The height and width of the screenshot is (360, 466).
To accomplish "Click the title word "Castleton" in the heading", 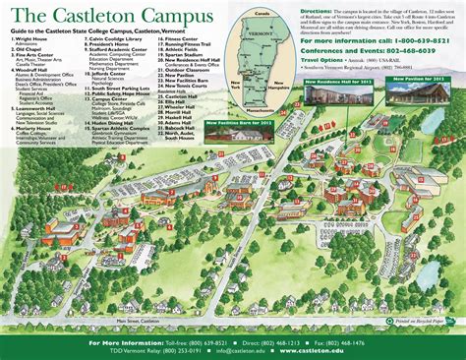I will point(93,17).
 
